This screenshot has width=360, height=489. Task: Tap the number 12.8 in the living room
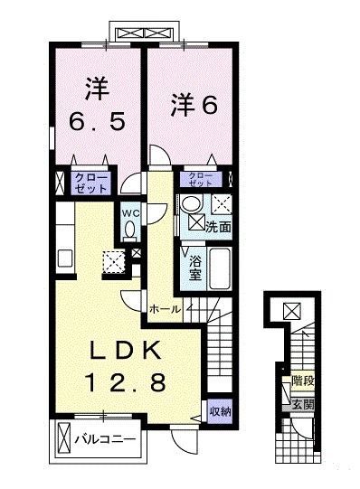pos(126,383)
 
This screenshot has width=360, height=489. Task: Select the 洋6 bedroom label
pos(194,105)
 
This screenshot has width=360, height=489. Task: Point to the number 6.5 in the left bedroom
pos(97,121)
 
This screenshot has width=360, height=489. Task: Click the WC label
pos(130,213)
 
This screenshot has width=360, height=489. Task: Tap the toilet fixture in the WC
pos(129,231)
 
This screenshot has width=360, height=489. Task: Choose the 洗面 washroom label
pos(218,227)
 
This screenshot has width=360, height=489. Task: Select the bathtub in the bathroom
pos(220,268)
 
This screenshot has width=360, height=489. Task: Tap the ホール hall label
pos(165,309)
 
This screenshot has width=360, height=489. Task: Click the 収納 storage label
pos(220,411)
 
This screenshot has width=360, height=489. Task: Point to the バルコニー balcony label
pos(105,439)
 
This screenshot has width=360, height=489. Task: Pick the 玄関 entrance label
pos(302,404)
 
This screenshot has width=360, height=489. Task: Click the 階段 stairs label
pos(302,381)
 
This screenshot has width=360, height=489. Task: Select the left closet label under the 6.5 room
pos(91,183)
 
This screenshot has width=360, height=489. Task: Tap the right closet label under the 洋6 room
pos(201,179)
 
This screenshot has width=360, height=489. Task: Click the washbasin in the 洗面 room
pos(190,204)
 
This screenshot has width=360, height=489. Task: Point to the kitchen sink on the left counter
pos(65,258)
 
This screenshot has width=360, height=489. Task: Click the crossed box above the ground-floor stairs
pos(292,311)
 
